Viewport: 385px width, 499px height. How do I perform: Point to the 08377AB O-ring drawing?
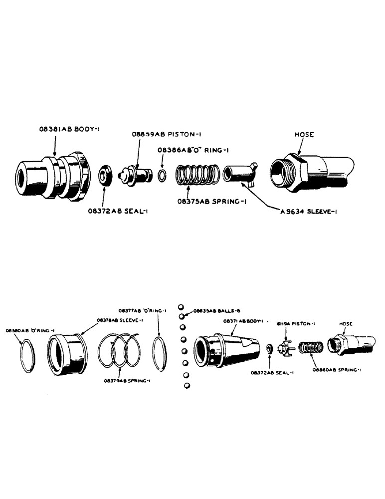(x=160, y=353)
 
